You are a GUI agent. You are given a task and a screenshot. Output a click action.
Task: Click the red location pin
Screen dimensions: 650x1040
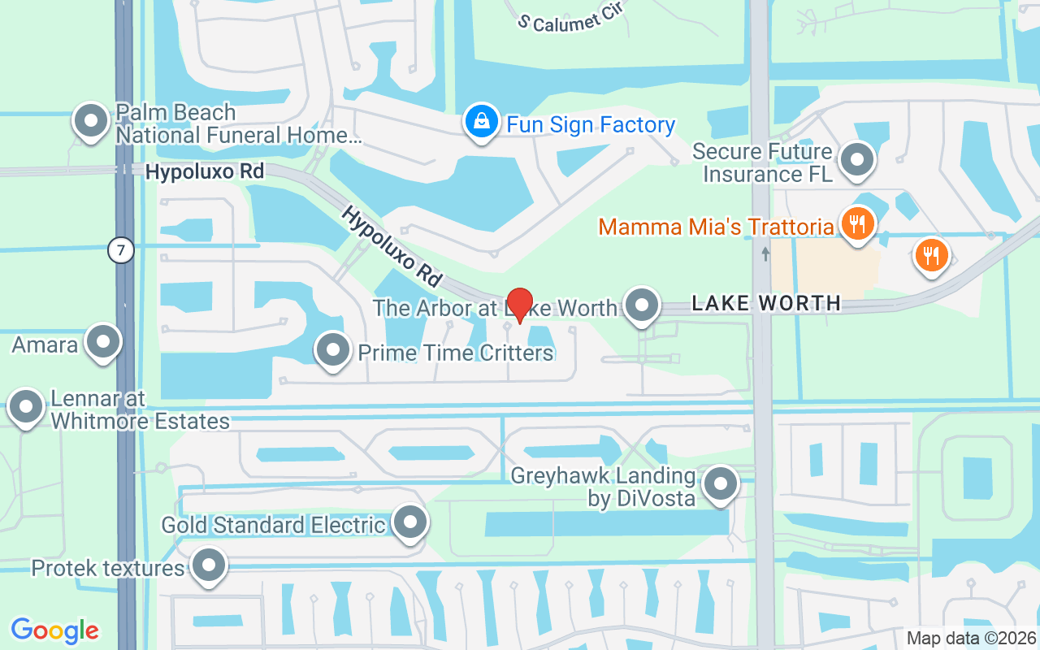[520, 305]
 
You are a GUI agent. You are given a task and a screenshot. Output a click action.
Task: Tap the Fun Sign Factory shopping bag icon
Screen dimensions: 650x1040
[482, 123]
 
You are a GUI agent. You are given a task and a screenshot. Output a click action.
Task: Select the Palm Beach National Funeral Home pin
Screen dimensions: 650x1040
[91, 121]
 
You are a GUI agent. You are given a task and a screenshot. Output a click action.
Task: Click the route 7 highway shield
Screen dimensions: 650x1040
[120, 251]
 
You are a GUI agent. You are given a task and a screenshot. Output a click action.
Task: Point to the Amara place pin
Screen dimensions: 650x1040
[103, 342]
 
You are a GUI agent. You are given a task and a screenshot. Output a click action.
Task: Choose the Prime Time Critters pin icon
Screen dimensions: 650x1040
[332, 351]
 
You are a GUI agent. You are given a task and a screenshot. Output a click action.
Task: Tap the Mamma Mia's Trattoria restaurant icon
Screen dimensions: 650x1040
[856, 222]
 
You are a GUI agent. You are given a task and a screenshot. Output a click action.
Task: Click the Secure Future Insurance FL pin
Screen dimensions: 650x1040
[856, 160]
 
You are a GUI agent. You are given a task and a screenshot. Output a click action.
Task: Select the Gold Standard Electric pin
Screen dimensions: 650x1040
[409, 522]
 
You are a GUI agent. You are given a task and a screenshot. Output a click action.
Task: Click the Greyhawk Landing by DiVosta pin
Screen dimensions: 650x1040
[720, 484]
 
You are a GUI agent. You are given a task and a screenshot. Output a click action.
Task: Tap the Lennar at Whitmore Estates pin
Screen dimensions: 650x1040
[26, 407]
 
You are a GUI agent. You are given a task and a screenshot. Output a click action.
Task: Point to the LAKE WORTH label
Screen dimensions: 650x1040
[766, 303]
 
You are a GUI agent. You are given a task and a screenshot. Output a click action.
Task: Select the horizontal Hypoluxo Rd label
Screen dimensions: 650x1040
[205, 171]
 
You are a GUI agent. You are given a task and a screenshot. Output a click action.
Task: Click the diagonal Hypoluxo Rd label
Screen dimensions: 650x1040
[392, 245]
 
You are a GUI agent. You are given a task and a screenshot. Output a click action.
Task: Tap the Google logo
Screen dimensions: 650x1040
[55, 630]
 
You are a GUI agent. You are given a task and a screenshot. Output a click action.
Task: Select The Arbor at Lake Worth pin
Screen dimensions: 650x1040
[643, 306]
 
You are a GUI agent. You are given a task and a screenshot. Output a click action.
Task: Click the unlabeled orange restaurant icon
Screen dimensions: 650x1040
[931, 255]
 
